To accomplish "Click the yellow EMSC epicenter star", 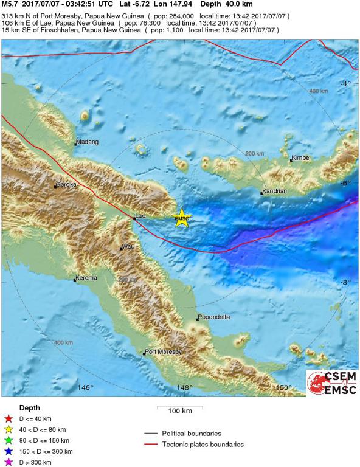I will [x=182, y=218].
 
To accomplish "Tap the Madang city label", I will [x=86, y=143].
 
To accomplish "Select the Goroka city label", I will [x=66, y=184].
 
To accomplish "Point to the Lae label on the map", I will [x=141, y=215].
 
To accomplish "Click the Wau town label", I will [x=128, y=246].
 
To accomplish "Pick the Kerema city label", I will [x=86, y=278].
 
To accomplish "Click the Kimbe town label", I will [x=300, y=158].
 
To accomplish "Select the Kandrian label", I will [x=274, y=191].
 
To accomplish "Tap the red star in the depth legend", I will [x=9, y=418].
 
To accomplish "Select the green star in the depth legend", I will [x=9, y=440].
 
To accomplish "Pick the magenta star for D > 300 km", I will [x=9, y=462].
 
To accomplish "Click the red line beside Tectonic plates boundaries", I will [x=153, y=445].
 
